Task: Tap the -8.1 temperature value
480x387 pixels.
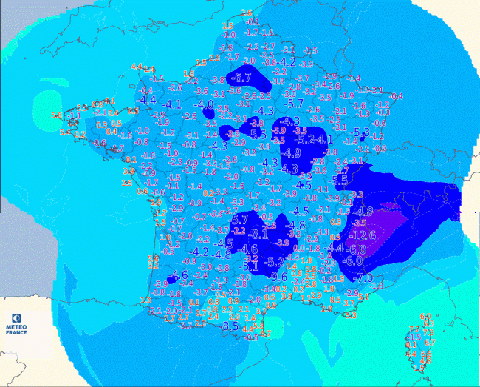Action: pos(260,235)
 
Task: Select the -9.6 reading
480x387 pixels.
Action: pos(279,277)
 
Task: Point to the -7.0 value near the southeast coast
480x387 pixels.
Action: pos(364,278)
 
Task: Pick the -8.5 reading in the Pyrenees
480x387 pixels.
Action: pos(230,326)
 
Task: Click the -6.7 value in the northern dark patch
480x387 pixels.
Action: pos(242,78)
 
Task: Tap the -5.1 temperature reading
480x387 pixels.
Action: pos(250,266)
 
